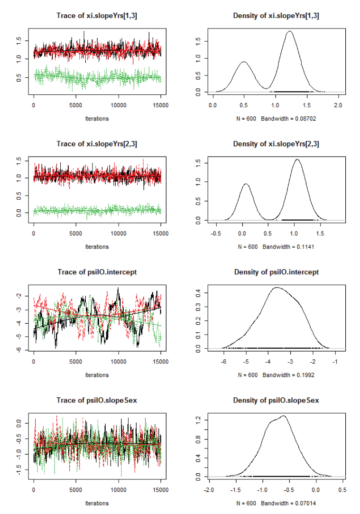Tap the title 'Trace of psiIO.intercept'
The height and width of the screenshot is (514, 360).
97,272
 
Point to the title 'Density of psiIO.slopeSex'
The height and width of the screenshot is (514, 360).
276,401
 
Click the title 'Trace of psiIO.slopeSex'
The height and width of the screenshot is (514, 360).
97,401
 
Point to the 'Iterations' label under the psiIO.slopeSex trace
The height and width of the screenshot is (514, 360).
97,503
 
